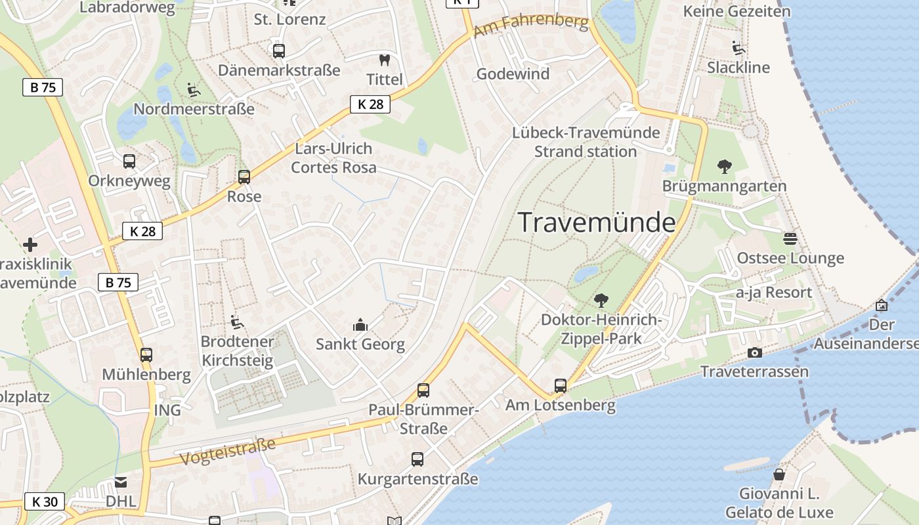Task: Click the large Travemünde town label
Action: pos(597,222)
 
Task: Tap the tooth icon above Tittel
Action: pos(385,60)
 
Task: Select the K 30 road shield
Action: pos(45,502)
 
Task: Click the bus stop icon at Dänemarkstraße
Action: pos(279,51)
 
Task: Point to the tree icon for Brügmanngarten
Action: pos(725,167)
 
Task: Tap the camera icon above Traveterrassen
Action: pos(755,352)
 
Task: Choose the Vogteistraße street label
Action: pos(227,451)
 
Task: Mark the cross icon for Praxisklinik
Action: pos(30,245)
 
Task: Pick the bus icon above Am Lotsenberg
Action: pos(560,386)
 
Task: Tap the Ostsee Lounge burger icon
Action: pos(790,238)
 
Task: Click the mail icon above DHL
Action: pos(121,482)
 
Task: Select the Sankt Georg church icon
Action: pos(360,324)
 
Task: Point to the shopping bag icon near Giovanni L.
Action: pos(779,474)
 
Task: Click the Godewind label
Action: pos(513,73)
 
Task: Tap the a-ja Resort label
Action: pos(773,292)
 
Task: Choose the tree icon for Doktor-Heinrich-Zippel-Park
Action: pos(601,301)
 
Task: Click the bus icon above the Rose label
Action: pos(244,177)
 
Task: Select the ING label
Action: pos(167,410)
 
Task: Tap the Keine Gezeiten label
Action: pos(737,11)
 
